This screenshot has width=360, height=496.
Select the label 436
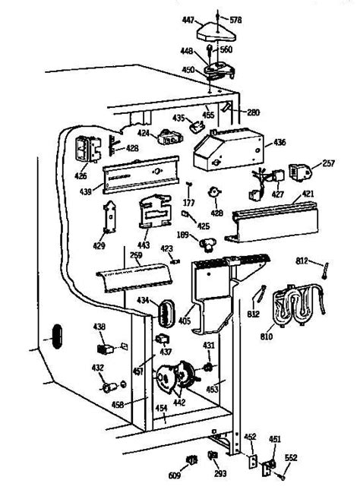tap(279, 141)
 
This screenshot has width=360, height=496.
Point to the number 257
tap(328, 164)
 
